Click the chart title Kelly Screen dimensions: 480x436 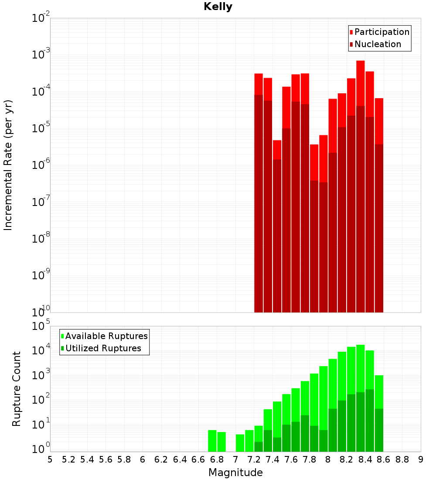point(218,7)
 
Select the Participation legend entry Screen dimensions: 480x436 point(382,32)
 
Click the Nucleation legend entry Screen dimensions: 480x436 point(378,44)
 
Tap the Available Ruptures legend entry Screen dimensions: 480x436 point(106,336)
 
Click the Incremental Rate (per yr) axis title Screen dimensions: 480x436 point(8,165)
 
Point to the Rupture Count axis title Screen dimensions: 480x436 point(17,389)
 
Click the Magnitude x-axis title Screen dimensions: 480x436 point(235,473)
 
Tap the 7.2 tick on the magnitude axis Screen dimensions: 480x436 point(254,459)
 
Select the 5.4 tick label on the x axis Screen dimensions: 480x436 point(87,459)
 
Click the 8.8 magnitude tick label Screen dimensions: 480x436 point(402,459)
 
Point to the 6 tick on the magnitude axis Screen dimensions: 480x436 point(143,459)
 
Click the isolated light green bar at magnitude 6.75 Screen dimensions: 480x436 point(212,441)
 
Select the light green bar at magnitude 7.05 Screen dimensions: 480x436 point(240,443)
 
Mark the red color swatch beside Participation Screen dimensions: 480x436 point(351,32)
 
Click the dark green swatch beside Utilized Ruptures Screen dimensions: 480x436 point(63,348)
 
